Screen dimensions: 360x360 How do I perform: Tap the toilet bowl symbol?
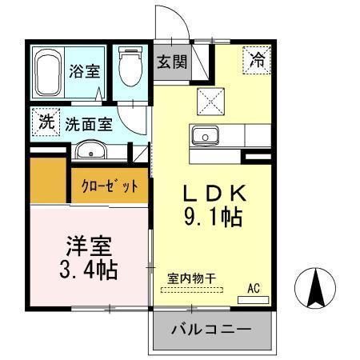tap(130, 70)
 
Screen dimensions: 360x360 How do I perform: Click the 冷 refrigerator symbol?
tap(258, 58)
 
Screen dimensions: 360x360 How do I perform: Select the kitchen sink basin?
tap(206, 137)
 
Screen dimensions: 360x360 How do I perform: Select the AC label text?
tap(254, 288)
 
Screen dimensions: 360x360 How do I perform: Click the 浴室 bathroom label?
tap(85, 70)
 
